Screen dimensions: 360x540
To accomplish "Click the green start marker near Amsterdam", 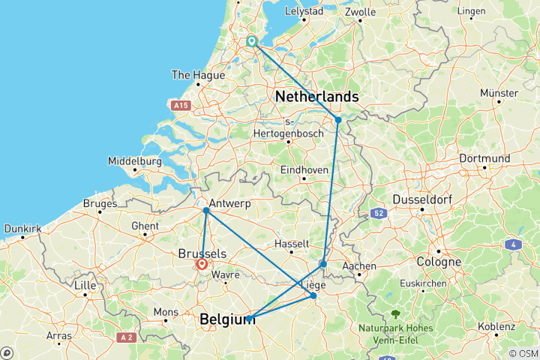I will click(x=252, y=42).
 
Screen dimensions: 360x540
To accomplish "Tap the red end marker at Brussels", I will click(x=202, y=264).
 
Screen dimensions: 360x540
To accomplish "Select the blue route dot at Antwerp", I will click(x=205, y=211).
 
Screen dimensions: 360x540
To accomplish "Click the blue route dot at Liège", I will click(x=313, y=295).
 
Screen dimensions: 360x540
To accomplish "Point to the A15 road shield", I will click(x=179, y=106).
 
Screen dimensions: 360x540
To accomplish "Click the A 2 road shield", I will click(x=127, y=338).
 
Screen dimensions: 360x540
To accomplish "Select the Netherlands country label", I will click(x=316, y=97).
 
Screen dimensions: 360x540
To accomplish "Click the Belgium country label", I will click(x=227, y=320).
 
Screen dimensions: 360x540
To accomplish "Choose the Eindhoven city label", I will click(x=304, y=170).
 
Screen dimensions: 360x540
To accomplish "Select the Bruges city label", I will click(x=101, y=204).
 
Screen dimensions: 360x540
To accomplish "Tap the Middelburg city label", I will click(x=135, y=161).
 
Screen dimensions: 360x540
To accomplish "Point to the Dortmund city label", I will click(x=484, y=158).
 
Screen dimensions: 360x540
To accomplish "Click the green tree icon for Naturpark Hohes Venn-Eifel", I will click(x=394, y=314).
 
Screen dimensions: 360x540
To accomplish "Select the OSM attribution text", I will click(x=523, y=353).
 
